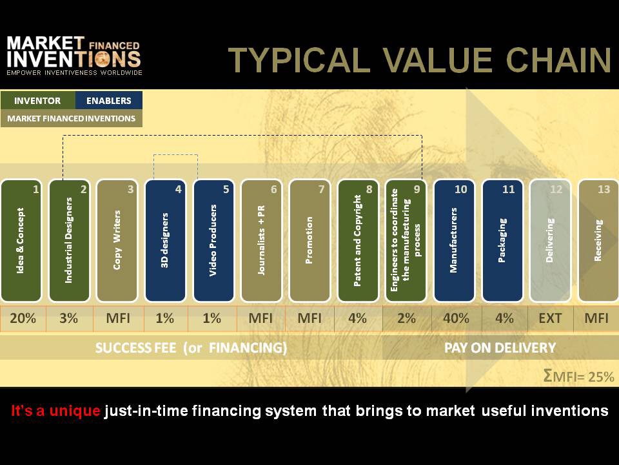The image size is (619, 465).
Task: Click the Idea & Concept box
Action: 21,241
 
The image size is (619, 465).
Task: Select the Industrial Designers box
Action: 70,241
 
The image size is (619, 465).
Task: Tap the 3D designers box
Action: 166,241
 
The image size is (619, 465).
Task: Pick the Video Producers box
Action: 213,241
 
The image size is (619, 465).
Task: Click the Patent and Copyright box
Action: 358,241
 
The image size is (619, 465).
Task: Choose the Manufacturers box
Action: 454,241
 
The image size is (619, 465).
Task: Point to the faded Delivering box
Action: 550,241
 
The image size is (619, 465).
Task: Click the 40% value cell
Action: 457,318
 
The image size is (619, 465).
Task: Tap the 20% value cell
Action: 23,318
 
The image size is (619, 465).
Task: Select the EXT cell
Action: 550,318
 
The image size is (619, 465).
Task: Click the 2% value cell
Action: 407,318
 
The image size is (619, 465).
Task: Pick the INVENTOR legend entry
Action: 37,101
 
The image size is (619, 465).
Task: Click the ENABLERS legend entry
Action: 108,101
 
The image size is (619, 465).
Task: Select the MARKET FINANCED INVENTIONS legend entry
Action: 72,118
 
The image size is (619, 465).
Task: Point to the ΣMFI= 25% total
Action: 579,376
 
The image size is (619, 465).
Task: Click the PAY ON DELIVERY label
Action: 500,348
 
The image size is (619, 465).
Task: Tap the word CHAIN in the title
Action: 558,60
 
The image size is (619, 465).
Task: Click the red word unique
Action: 75,411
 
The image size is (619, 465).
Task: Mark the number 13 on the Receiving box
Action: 604,189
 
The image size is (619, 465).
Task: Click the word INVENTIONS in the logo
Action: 74,59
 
